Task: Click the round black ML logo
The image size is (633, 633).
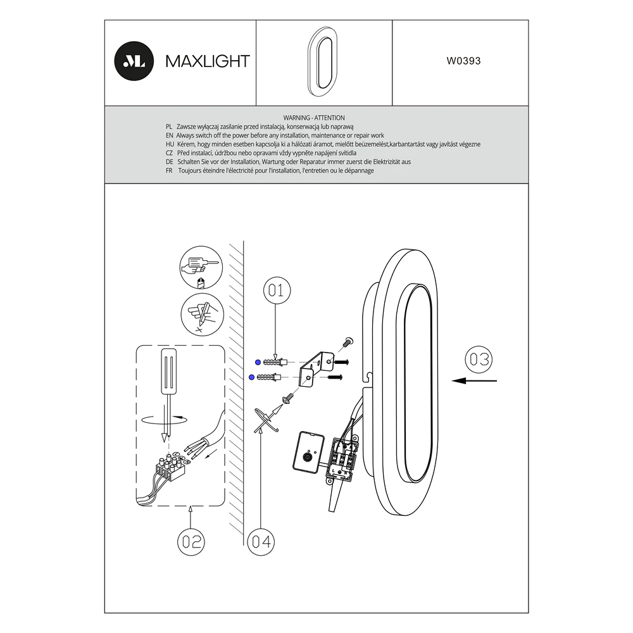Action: [134, 61]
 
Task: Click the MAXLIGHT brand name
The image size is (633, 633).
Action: [208, 61]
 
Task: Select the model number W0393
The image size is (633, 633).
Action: [463, 61]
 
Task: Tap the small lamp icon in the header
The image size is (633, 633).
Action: [323, 62]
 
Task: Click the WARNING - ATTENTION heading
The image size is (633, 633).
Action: [314, 118]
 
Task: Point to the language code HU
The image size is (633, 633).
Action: [170, 144]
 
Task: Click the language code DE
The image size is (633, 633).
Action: [169, 162]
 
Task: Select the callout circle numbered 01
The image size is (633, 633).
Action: [277, 291]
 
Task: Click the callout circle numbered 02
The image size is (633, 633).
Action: [191, 542]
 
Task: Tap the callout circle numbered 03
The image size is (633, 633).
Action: [479, 360]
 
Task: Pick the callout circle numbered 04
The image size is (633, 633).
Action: [261, 542]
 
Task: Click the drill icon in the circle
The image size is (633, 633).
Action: [201, 268]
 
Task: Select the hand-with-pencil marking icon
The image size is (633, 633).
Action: [202, 315]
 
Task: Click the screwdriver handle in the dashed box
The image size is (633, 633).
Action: [168, 372]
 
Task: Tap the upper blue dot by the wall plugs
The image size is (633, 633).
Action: [258, 361]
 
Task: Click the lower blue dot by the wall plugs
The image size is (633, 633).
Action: [251, 377]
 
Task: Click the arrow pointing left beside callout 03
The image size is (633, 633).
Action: [474, 380]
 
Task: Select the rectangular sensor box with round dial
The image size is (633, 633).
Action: [308, 451]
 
